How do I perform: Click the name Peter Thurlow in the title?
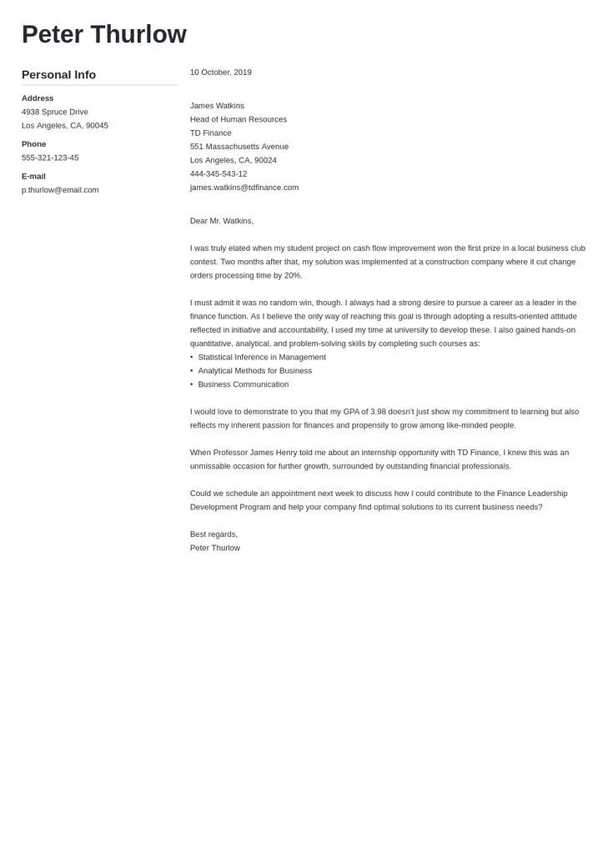coord(104,34)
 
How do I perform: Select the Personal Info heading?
coord(58,75)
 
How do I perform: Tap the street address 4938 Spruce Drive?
coord(55,112)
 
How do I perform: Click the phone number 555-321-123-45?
coord(50,158)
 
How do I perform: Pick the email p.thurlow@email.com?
coord(60,190)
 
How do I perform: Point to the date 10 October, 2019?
coord(220,73)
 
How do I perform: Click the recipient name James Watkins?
coord(217,106)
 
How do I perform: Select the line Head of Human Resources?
coord(239,119)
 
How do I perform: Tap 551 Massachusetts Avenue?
coord(239,147)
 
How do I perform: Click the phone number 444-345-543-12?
coord(219,173)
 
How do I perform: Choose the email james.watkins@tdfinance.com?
coord(244,188)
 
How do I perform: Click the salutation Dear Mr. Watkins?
coord(222,221)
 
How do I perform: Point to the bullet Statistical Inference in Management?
coord(262,357)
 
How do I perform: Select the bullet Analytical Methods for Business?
coord(255,371)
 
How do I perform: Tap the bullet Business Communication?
coord(244,384)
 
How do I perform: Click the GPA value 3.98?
coord(378,412)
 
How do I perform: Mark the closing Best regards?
coord(214,534)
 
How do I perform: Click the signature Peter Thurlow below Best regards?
coord(215,548)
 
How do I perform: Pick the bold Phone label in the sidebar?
coord(33,144)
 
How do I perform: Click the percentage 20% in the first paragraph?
coord(293,275)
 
